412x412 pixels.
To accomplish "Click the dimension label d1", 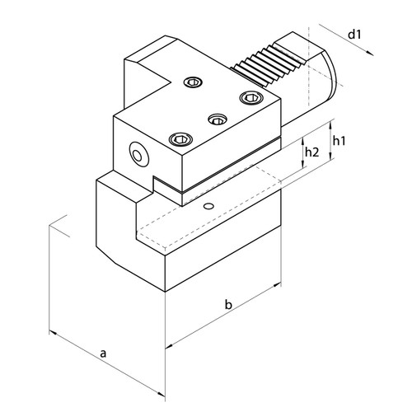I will point(355,35).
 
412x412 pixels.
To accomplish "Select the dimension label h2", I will point(311,153).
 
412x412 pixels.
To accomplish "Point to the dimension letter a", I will point(104,353).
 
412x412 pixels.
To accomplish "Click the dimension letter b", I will point(229,307).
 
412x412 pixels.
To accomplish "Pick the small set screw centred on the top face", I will point(218,119).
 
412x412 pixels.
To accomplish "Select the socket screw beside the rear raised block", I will point(193,82).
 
